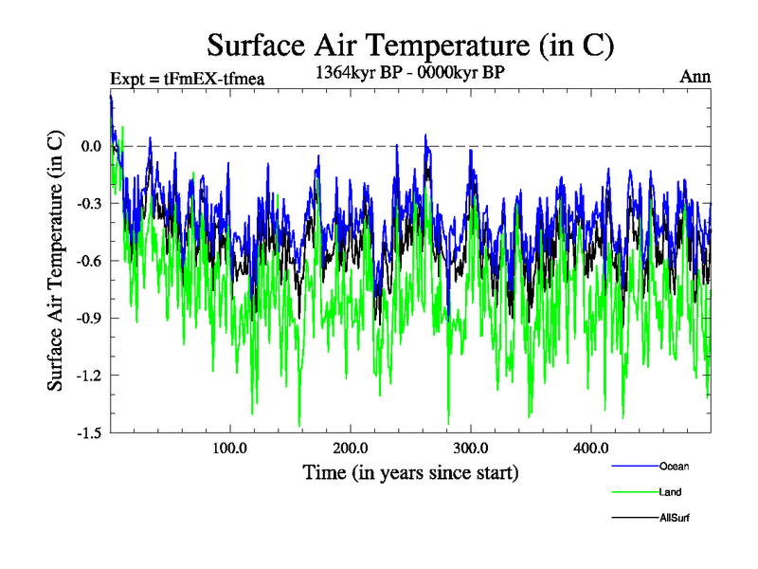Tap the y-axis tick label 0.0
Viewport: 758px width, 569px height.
click(x=91, y=146)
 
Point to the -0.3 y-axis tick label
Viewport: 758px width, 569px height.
click(x=89, y=204)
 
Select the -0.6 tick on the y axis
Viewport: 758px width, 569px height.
click(x=89, y=261)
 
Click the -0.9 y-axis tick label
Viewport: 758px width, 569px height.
click(x=89, y=319)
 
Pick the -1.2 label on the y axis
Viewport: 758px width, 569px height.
click(x=89, y=376)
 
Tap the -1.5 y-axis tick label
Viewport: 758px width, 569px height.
click(x=89, y=433)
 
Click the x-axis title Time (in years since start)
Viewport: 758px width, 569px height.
click(x=410, y=471)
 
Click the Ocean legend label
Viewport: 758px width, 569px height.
click(x=674, y=466)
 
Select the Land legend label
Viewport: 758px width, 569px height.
click(x=670, y=492)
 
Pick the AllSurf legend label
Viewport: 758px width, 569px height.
click(x=674, y=519)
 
